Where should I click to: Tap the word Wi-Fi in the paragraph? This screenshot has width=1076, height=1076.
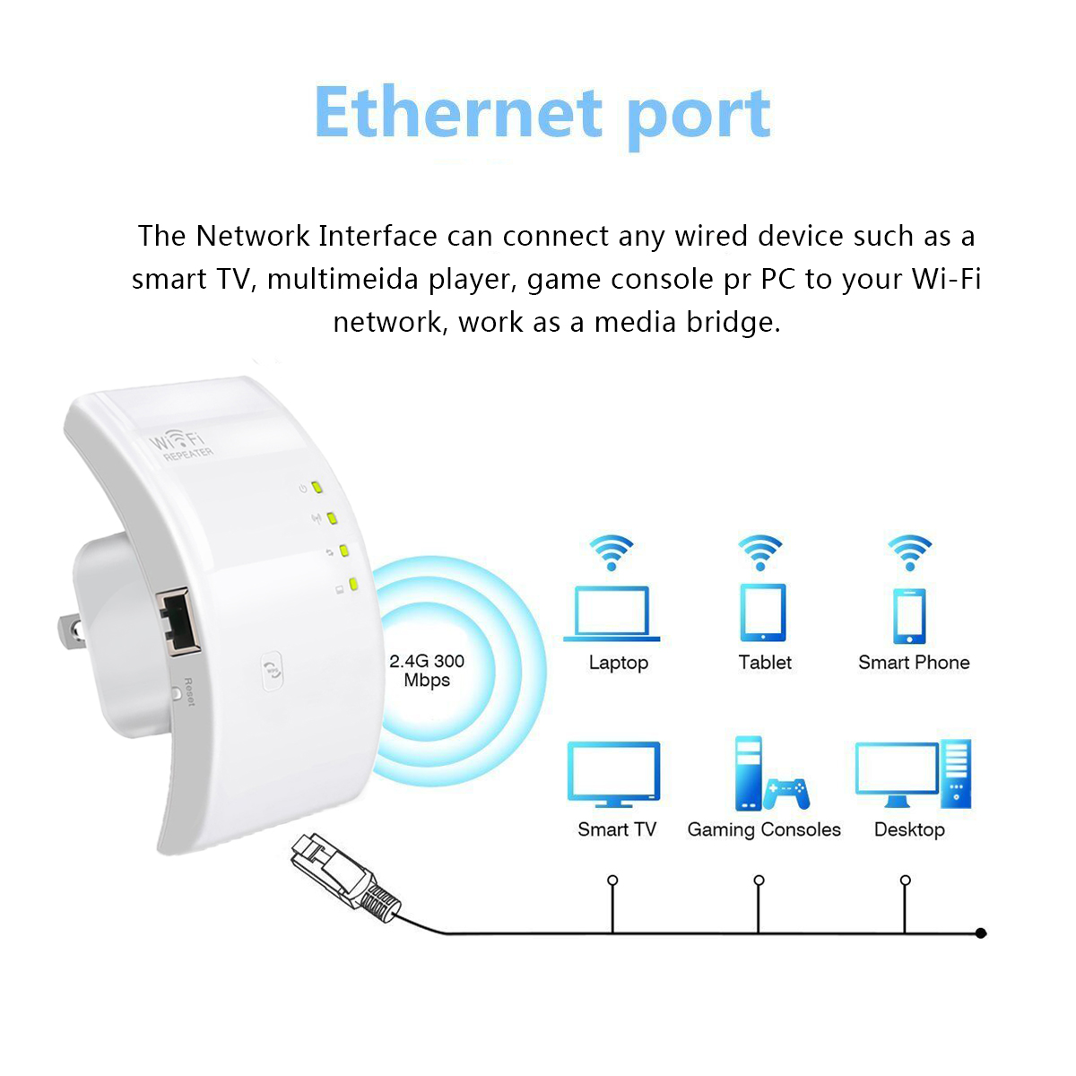pos(946,279)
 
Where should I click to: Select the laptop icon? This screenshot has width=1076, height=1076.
pos(612,613)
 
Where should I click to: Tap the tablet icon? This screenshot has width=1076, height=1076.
pos(763,612)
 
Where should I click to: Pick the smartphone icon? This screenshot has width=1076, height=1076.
pos(909,616)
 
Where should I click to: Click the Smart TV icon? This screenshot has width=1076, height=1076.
pos(614,774)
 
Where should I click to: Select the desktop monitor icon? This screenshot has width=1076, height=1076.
pos(896,772)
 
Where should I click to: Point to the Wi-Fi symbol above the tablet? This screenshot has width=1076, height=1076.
pos(760,551)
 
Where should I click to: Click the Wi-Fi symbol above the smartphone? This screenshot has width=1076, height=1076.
pos(909,551)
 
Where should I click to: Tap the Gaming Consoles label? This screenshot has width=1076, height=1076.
pos(764,830)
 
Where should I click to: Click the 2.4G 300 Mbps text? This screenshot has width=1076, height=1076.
pos(427,671)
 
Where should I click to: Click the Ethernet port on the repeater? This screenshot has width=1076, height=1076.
pos(178,619)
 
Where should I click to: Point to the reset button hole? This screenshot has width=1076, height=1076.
pos(176,693)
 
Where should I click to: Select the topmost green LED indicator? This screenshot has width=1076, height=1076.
pos(317,489)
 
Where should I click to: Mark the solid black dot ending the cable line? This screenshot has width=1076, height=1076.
pos(981,933)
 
